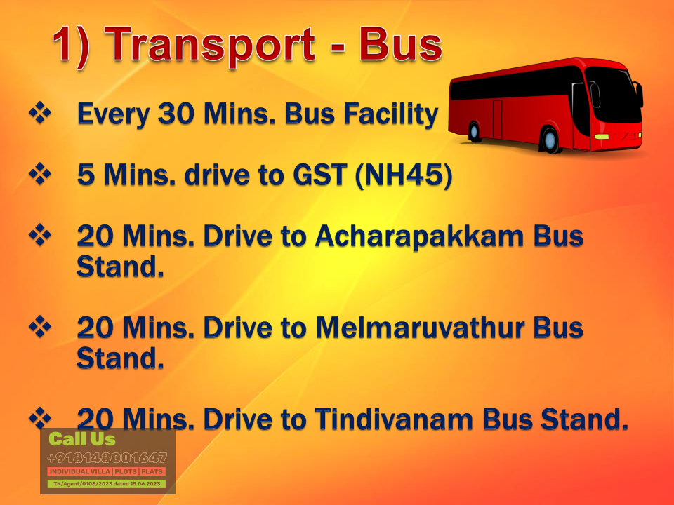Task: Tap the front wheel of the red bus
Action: click(x=550, y=140)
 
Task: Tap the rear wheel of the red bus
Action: click(x=474, y=131)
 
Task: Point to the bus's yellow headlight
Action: click(x=602, y=137)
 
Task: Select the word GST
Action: click(x=319, y=175)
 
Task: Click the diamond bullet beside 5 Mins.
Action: click(x=40, y=174)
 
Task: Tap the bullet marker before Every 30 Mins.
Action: click(x=40, y=113)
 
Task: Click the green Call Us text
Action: click(x=82, y=439)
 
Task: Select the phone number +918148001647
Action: click(x=107, y=458)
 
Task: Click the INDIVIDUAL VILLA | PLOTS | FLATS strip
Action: click(x=107, y=471)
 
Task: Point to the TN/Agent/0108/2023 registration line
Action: click(x=107, y=483)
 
